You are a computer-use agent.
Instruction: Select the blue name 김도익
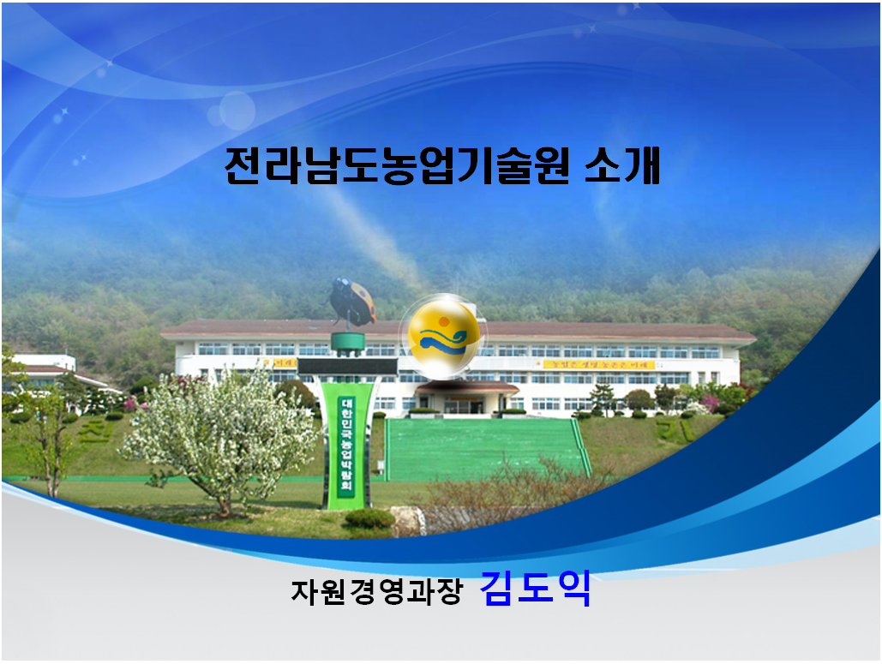[536, 589]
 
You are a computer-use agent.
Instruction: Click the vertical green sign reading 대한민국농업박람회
[347, 446]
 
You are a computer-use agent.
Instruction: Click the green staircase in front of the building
[485, 449]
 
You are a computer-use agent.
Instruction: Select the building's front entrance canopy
[467, 388]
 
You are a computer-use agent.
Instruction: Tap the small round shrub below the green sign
[369, 517]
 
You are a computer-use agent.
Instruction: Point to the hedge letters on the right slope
[677, 428]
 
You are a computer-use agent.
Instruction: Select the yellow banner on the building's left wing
[285, 364]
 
